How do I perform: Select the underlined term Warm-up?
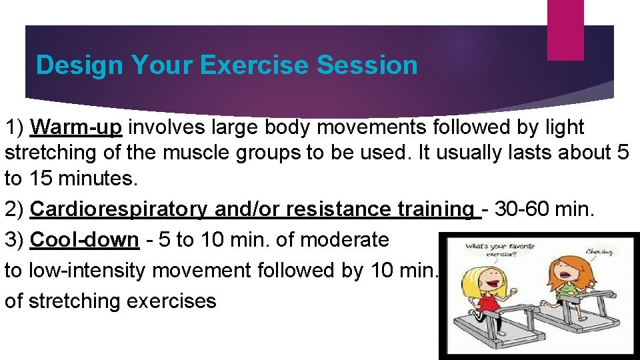click(x=79, y=127)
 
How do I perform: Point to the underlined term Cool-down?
click(x=85, y=239)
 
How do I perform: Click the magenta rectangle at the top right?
click(x=565, y=29)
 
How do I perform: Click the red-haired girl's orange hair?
click(x=564, y=267)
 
